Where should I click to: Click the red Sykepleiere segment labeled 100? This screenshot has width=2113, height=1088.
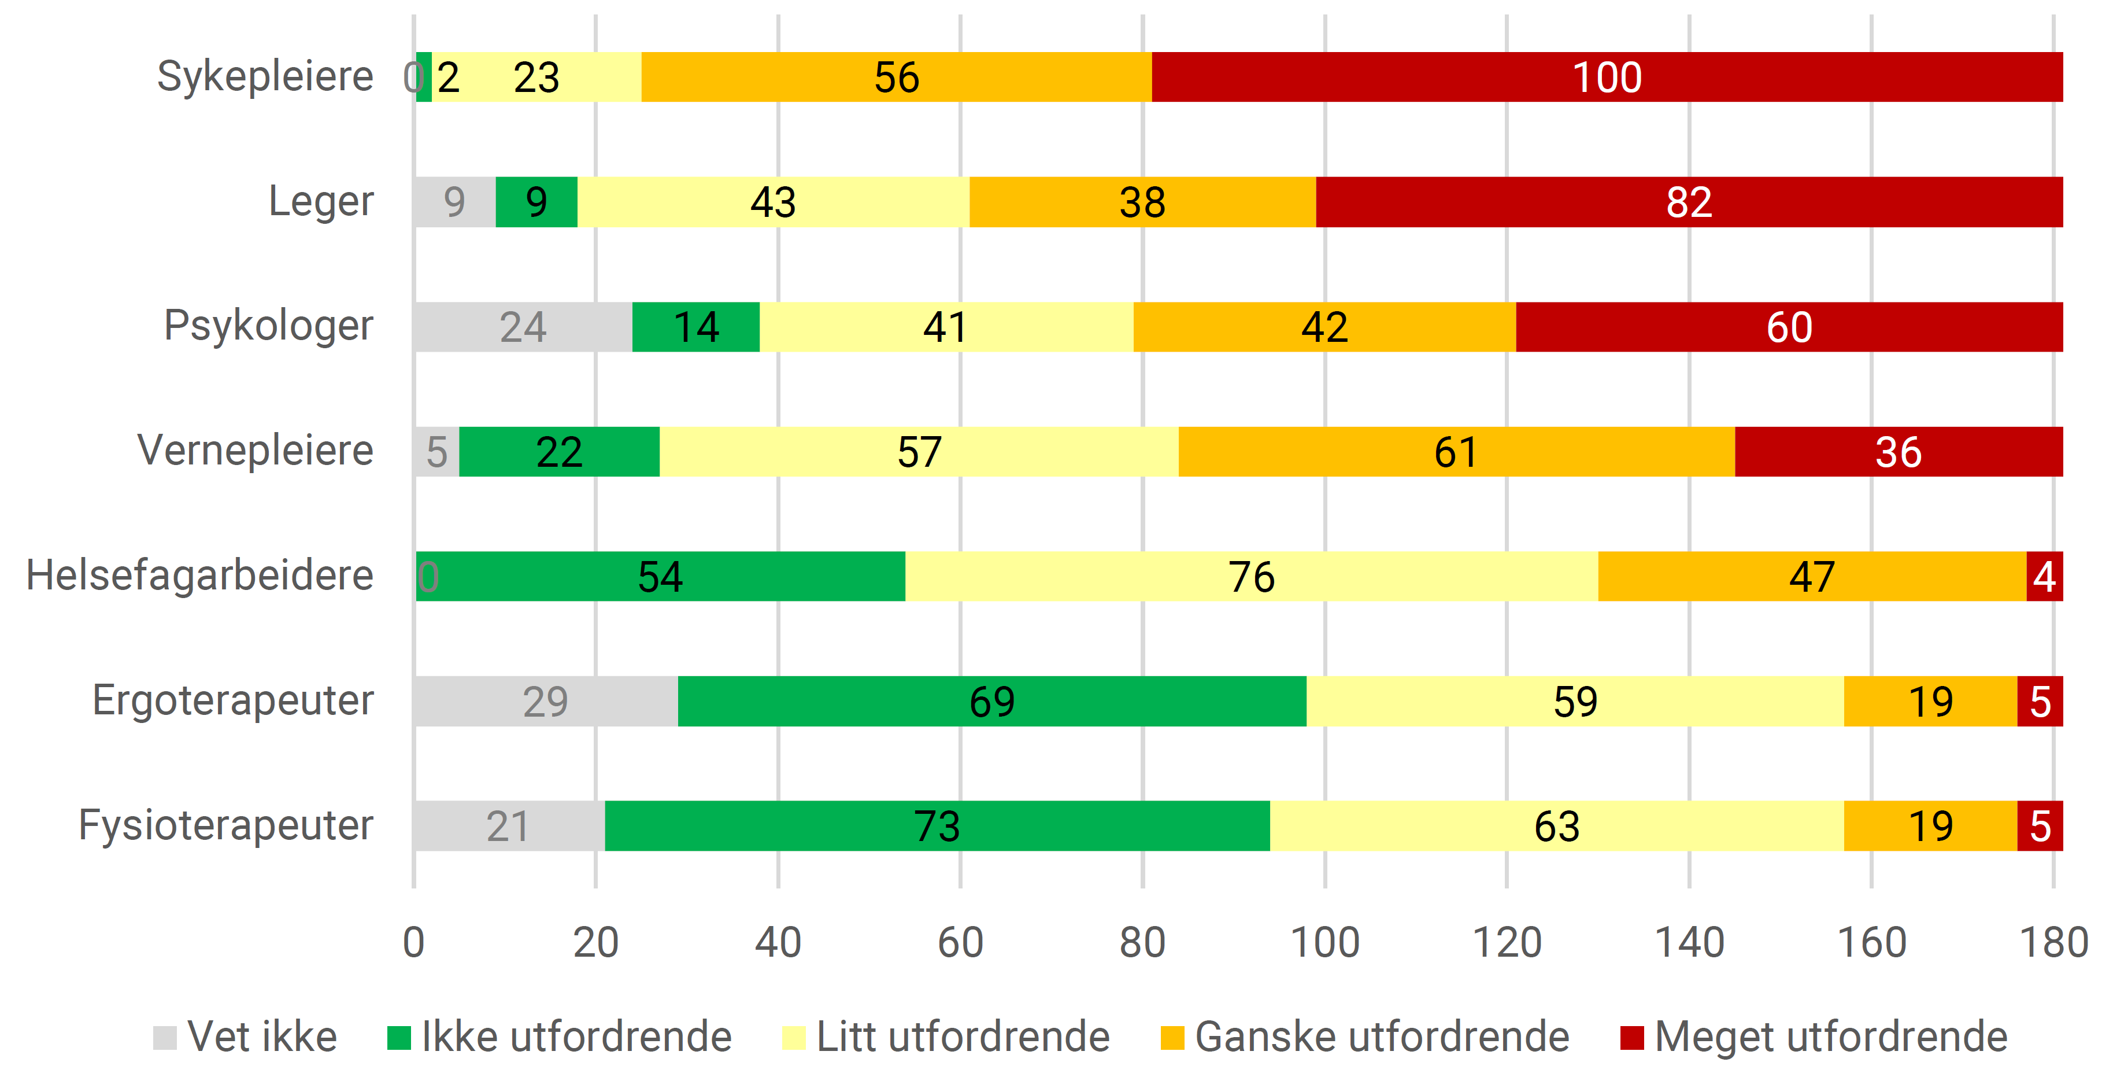1606,77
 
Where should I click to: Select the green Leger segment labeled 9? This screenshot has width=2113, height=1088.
536,202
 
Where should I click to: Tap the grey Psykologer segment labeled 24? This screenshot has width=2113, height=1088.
523,327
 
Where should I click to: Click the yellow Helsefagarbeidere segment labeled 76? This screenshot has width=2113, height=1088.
1251,577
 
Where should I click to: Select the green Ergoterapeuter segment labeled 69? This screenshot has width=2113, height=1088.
991,702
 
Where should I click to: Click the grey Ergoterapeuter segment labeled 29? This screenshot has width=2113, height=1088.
546,702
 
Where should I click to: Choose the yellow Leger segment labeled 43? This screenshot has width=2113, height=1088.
773,202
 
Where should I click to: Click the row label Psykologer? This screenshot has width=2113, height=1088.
268,326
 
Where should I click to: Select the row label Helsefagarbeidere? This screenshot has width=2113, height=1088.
199,575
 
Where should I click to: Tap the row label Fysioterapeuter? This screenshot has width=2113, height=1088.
225,825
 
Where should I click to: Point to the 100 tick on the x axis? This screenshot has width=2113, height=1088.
1324,942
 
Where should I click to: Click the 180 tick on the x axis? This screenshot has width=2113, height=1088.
2053,942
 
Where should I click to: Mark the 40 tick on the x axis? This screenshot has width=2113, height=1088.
778,942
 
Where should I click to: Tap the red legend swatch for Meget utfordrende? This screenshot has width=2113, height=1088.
1631,1037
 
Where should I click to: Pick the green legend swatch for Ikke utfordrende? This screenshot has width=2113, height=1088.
399,1037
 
